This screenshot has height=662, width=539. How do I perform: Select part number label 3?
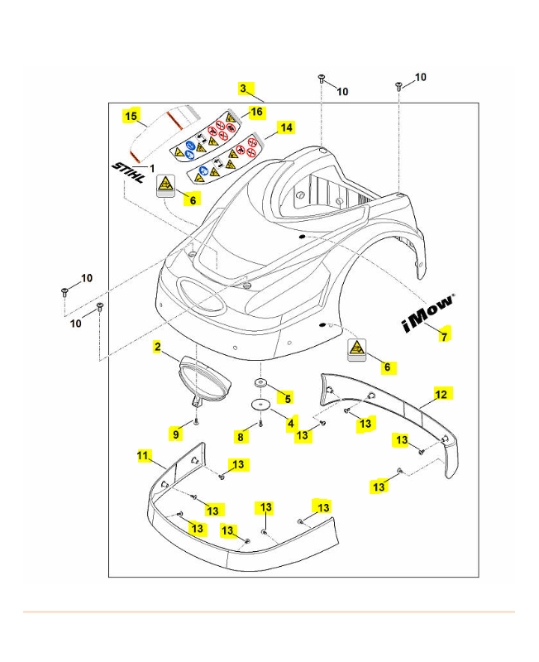pos(243,88)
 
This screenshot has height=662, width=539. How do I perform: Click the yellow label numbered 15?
pos(131,117)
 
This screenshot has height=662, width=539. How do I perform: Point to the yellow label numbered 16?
pos(256,111)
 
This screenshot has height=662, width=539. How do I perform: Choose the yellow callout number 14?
pos(286,127)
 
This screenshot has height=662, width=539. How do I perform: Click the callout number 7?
pos(445,337)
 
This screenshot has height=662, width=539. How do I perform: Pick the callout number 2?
pos(156,348)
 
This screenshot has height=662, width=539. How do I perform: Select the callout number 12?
pos(441,395)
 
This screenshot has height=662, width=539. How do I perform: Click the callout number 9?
pos(176,433)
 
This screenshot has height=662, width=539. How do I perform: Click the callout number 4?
pos(291,422)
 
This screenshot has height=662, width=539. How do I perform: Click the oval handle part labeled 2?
pos(203,377)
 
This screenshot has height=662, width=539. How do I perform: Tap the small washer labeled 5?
pos(260,384)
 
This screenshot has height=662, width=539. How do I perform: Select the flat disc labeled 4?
pos(261,404)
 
